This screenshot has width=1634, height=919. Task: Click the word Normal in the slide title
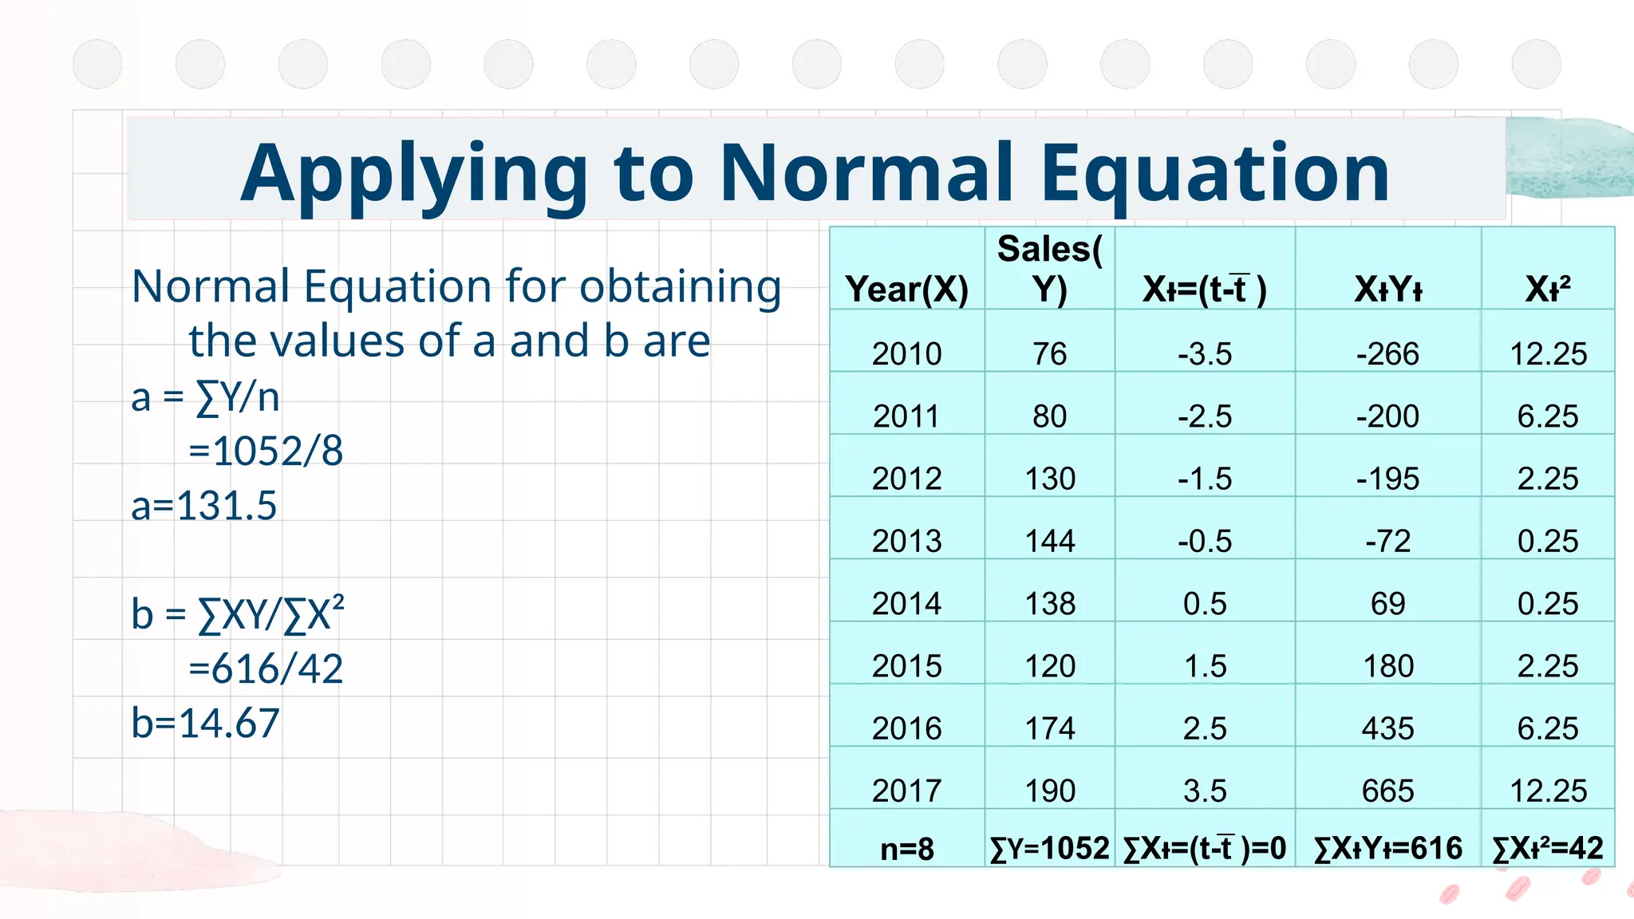866,173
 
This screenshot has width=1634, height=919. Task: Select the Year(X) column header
907,289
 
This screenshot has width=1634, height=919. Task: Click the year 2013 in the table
907,541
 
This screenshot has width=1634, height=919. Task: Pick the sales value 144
1050,541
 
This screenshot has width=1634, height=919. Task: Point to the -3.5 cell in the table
1205,353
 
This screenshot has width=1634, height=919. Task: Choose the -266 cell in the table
1388,353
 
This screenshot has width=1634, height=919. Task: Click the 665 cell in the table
1388,791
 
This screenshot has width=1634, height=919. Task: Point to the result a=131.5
204,506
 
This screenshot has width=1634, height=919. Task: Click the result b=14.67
206,724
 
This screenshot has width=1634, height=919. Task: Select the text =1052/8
266,452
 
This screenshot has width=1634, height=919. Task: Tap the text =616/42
266,669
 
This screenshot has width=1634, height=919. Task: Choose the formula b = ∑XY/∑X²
238,615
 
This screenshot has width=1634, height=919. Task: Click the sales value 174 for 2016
1050,728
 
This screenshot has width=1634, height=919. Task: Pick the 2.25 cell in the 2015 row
1548,666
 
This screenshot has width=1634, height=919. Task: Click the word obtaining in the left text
680,286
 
